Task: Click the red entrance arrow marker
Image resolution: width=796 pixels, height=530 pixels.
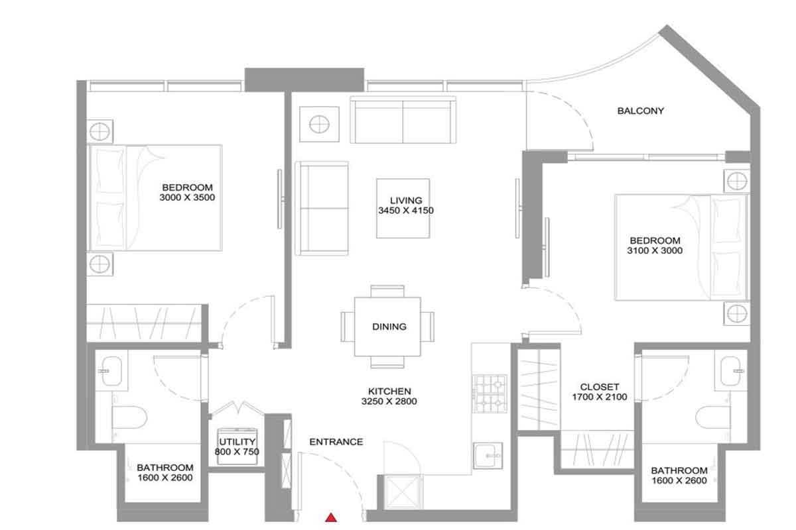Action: tap(331, 517)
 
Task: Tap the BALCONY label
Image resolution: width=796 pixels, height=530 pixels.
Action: tap(640, 111)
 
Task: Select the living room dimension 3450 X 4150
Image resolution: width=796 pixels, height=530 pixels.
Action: tap(406, 211)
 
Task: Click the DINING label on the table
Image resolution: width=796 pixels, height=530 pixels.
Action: tap(389, 327)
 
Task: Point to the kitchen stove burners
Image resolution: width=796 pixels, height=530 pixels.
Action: tap(490, 394)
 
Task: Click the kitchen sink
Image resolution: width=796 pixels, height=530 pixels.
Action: tap(488, 456)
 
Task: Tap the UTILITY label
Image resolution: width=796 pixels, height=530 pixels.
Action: tap(237, 442)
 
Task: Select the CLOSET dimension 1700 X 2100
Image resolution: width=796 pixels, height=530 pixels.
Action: tap(600, 397)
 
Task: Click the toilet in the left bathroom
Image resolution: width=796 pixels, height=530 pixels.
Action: tap(129, 417)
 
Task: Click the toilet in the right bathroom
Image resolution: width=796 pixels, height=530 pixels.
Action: tap(713, 417)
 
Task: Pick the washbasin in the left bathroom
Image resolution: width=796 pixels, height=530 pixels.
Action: tap(111, 371)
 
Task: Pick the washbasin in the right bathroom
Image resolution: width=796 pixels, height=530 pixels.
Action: tap(731, 371)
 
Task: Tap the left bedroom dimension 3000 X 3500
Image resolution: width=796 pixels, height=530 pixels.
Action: tap(187, 197)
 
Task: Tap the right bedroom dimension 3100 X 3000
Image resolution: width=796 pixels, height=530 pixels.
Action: tap(655, 250)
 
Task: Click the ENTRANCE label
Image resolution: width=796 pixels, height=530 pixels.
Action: tap(336, 442)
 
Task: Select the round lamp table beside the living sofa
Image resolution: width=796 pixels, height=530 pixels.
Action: tap(319, 125)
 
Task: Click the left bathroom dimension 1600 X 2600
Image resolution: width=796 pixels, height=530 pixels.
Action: tap(165, 478)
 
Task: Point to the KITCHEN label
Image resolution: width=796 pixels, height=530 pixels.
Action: tap(389, 391)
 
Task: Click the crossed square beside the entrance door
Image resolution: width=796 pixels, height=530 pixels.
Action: tap(404, 492)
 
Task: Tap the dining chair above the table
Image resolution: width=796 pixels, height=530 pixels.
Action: tap(387, 291)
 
